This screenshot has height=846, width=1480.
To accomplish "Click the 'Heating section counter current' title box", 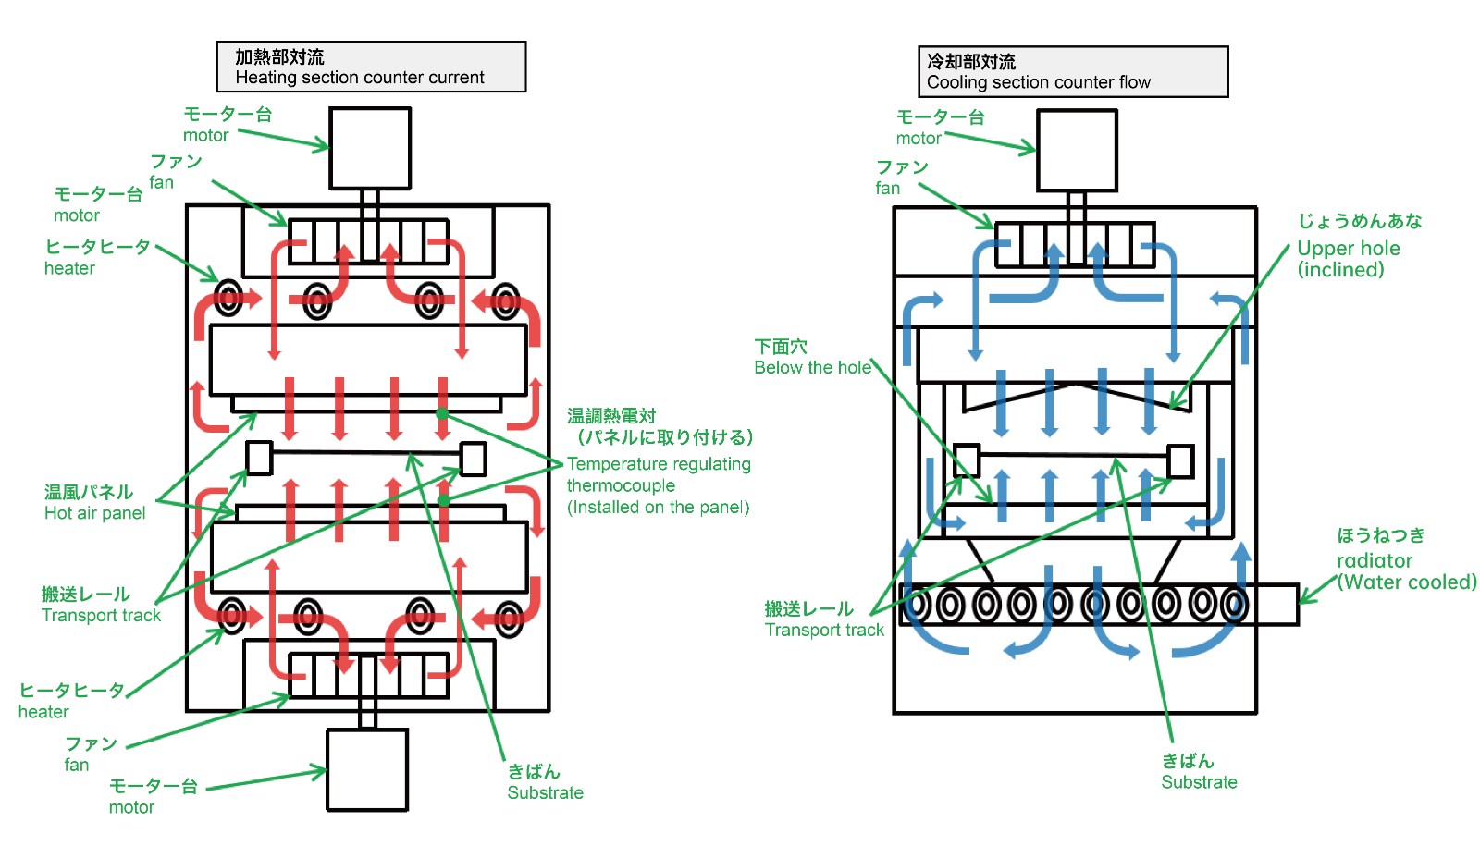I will click(x=371, y=67).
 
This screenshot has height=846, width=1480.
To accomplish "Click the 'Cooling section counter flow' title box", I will click(x=1072, y=71).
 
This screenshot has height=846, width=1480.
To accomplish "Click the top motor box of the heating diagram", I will click(x=370, y=148).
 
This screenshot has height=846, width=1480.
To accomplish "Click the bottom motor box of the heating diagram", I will click(x=367, y=769).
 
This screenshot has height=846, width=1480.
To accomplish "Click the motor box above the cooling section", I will click(x=1077, y=151).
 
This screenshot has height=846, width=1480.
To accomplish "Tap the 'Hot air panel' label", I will click(x=94, y=513).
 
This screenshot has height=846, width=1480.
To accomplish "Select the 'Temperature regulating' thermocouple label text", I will click(x=658, y=464).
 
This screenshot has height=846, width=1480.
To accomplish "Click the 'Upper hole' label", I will click(x=1348, y=249).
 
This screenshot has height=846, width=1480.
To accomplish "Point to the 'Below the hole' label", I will click(x=812, y=367).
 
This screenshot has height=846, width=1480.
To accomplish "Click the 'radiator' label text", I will click(x=1374, y=560).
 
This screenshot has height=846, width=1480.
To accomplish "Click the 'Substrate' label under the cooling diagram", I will click(x=1199, y=782).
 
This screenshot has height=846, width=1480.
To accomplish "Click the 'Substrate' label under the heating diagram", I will click(x=545, y=792).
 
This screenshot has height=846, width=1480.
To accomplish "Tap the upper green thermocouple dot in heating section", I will click(x=442, y=413).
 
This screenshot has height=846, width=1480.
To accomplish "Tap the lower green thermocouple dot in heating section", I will click(x=444, y=499).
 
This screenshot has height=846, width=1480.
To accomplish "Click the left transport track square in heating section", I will click(x=259, y=458).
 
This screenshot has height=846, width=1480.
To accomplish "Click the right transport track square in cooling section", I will click(x=1180, y=461).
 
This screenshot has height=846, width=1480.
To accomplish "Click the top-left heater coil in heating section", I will click(x=228, y=299).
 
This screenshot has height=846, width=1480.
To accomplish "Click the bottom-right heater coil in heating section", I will click(x=508, y=617).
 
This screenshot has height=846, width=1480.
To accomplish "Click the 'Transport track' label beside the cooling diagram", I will click(x=823, y=630).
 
